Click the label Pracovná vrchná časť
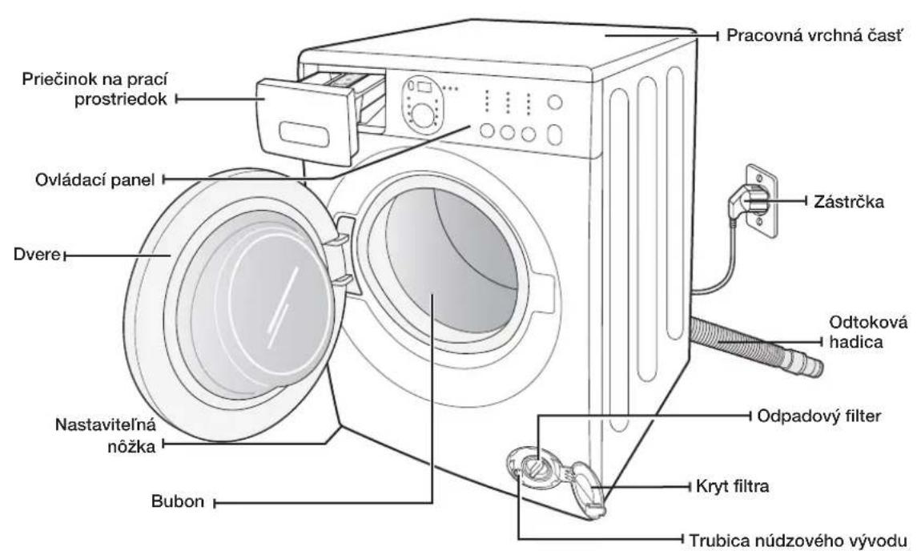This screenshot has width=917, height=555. pyautogui.click(x=814, y=36)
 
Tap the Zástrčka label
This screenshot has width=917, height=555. pyautogui.click(x=849, y=202)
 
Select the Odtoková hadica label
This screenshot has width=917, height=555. pyautogui.click(x=868, y=332)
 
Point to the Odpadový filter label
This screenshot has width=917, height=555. pyautogui.click(x=818, y=416)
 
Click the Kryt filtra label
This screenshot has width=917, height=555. pyautogui.click(x=732, y=486)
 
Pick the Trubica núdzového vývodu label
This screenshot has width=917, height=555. pyautogui.click(x=798, y=540)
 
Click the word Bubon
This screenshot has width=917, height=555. pyautogui.click(x=178, y=501)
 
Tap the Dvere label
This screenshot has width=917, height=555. pyautogui.click(x=37, y=255)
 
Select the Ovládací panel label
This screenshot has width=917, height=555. pyautogui.click(x=95, y=179)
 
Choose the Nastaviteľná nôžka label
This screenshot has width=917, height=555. pyautogui.click(x=106, y=435)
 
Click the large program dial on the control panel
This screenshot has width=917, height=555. pyautogui.click(x=422, y=111)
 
